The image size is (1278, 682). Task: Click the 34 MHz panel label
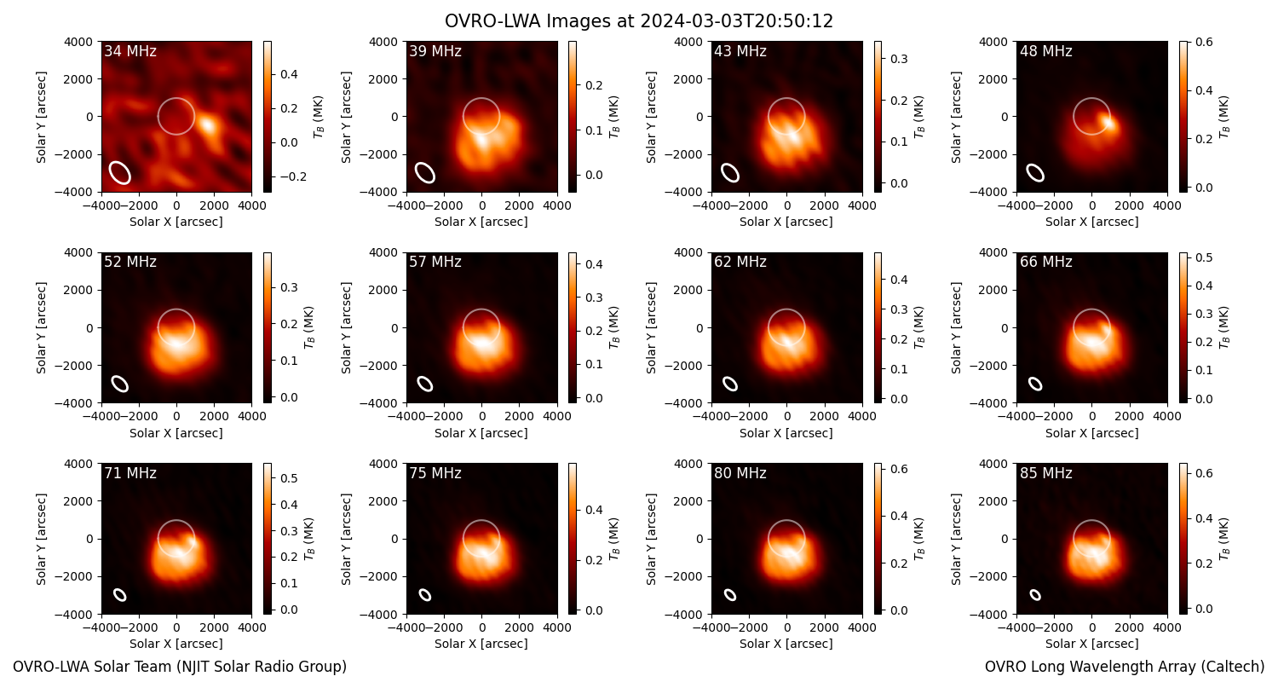pyautogui.click(x=130, y=51)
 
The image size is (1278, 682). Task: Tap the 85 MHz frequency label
pyautogui.click(x=1045, y=473)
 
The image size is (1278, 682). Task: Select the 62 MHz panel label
pyautogui.click(x=740, y=262)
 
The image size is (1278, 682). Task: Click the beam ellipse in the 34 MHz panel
pyautogui.click(x=120, y=172)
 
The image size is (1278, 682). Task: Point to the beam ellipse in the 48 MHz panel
pyautogui.click(x=1035, y=172)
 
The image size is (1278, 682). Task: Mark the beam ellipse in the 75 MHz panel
pyautogui.click(x=425, y=595)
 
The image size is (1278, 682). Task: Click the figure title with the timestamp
pyautogui.click(x=639, y=21)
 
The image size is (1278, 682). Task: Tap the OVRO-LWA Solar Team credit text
pyautogui.click(x=180, y=667)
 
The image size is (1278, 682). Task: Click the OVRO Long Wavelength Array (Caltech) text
pyautogui.click(x=1125, y=667)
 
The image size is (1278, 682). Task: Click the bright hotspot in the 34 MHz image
pyautogui.click(x=207, y=125)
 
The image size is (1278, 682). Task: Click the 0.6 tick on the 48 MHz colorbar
pyautogui.click(x=1204, y=43)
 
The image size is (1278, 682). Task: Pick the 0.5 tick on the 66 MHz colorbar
pyautogui.click(x=1204, y=258)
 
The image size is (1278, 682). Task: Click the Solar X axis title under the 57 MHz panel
pyautogui.click(x=481, y=433)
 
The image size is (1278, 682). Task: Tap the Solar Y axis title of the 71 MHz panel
pyautogui.click(x=41, y=539)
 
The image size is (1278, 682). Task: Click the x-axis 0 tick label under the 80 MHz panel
pyautogui.click(x=786, y=627)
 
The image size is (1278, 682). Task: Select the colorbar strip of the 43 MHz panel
pyautogui.click(x=878, y=117)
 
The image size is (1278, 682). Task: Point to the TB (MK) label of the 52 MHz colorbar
pyautogui.click(x=309, y=327)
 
